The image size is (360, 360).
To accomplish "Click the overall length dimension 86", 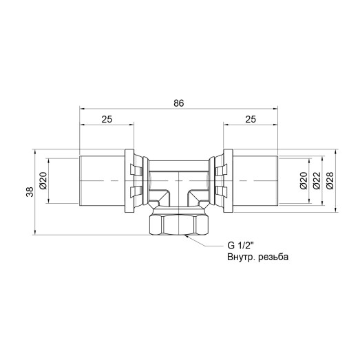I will [x=178, y=103].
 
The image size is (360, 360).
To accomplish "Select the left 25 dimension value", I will [x=107, y=119].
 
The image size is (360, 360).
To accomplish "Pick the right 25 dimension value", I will [x=250, y=119].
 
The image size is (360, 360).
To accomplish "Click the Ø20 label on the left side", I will [x=43, y=181].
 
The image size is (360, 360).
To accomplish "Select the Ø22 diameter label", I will [x=317, y=180].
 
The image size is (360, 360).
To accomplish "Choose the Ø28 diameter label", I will [x=330, y=180].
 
